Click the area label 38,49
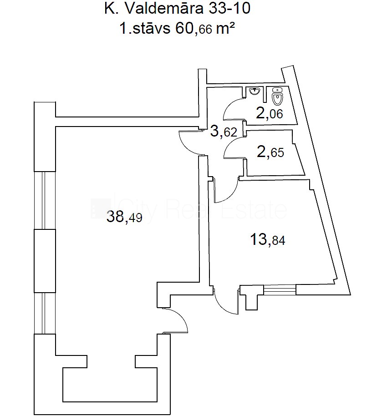(x=124, y=217)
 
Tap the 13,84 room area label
(x=268, y=239)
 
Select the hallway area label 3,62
(x=224, y=132)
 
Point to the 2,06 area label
(x=270, y=113)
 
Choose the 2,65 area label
(x=270, y=152)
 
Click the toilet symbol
(x=277, y=96)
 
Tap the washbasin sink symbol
(x=255, y=92)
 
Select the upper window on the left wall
(x=45, y=200)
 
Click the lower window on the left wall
(x=45, y=313)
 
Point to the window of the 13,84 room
(x=280, y=289)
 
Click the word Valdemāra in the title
(x=164, y=9)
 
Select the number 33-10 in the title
(x=229, y=9)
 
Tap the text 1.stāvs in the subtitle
(x=145, y=28)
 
